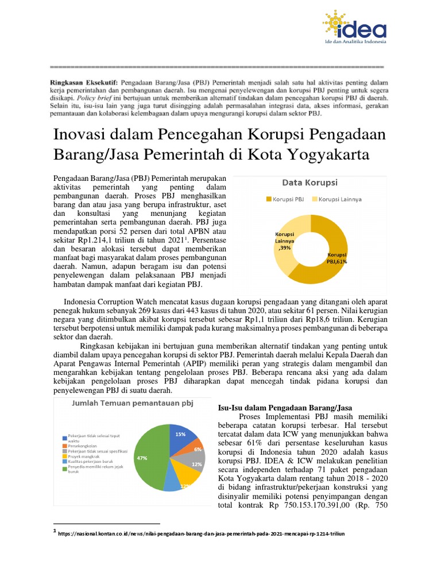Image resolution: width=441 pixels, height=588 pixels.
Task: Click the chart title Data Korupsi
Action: [x=310, y=183]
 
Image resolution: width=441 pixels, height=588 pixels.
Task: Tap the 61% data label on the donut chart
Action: [x=338, y=258]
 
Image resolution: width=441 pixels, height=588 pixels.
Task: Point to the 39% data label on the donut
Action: [x=285, y=242]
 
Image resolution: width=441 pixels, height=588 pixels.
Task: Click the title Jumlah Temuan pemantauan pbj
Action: [x=132, y=403]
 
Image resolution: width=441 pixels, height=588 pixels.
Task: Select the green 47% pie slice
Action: [x=149, y=459]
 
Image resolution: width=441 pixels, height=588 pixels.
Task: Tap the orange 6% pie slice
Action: [x=197, y=449]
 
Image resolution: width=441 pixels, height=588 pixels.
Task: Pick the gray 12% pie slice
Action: [x=196, y=463]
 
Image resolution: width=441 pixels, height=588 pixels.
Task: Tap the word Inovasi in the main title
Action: [x=76, y=135]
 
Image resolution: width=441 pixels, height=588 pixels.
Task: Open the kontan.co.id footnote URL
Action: [x=201, y=533]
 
